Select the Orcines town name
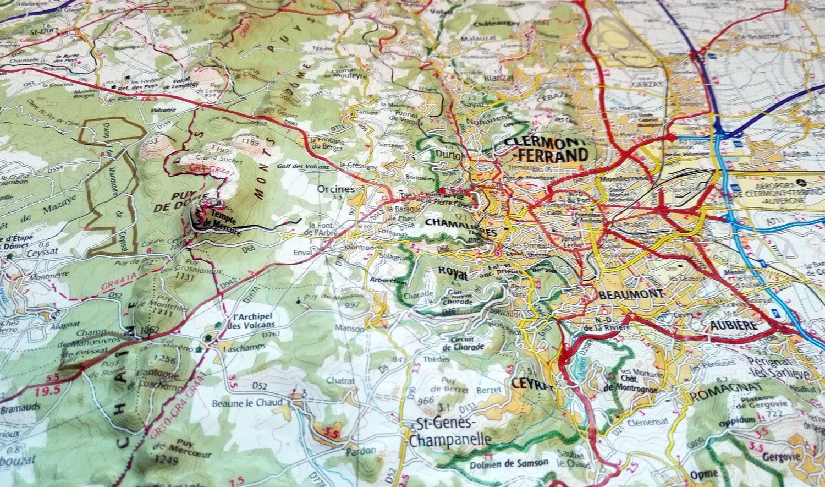point(336,189)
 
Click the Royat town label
point(452,271)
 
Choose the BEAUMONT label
point(631,294)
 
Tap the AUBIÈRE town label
point(733,325)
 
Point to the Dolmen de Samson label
point(501,464)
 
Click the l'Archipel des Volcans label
point(254,320)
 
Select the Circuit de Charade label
point(463,343)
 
